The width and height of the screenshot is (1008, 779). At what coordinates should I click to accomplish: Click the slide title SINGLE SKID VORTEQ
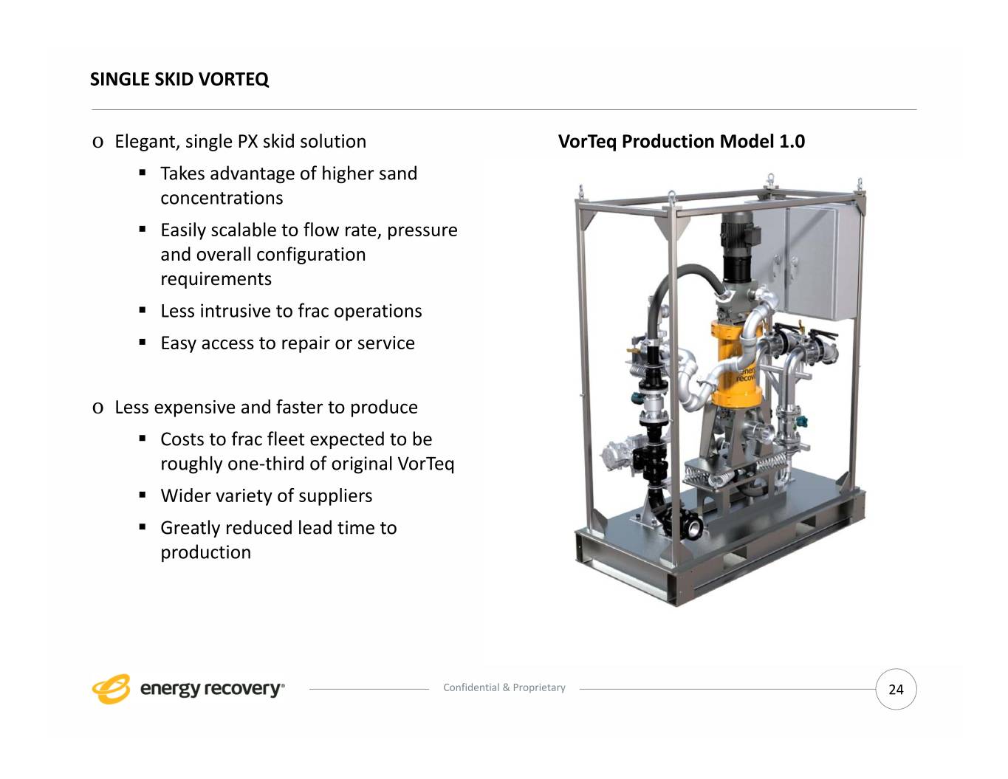tap(179, 80)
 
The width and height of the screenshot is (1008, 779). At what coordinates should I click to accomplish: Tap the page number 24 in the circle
tap(896, 690)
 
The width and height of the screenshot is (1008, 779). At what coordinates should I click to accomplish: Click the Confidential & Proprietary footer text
tap(504, 687)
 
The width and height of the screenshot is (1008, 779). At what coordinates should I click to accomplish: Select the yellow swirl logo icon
tap(111, 689)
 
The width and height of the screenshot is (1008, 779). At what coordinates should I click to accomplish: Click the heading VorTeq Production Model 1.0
tap(681, 142)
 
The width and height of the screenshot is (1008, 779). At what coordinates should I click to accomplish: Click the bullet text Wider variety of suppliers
tap(266, 495)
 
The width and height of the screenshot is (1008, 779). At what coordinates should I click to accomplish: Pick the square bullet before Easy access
tap(143, 343)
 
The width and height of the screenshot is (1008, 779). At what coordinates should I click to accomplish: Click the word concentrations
tap(222, 199)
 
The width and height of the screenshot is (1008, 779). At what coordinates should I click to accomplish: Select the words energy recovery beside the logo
tap(211, 689)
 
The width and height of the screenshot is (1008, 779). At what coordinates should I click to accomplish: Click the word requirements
tap(216, 279)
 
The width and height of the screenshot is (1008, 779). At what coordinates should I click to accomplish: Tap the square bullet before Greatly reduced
tap(143, 527)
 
